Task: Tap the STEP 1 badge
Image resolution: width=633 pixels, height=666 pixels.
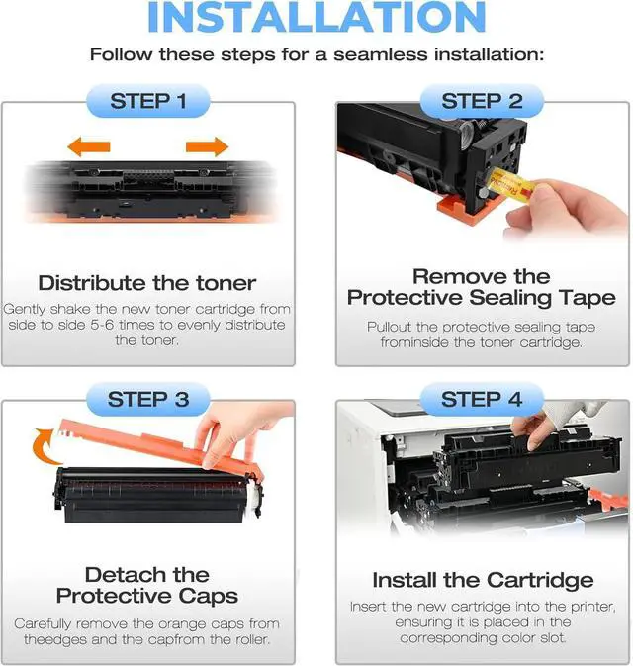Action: [x=147, y=101]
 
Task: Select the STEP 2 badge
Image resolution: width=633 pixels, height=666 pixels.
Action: [x=482, y=101]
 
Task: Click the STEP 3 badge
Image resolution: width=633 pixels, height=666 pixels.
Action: [x=147, y=400]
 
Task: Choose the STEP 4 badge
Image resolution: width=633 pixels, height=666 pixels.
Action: [x=482, y=400]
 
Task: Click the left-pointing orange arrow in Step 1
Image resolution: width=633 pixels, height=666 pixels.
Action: [x=88, y=148]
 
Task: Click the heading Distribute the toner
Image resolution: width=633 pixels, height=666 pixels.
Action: [x=146, y=283]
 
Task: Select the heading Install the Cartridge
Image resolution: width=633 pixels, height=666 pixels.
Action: [x=483, y=580]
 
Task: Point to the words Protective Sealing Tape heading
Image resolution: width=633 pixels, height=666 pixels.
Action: [x=482, y=298]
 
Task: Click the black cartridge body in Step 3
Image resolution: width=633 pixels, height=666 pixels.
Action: [x=148, y=495]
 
